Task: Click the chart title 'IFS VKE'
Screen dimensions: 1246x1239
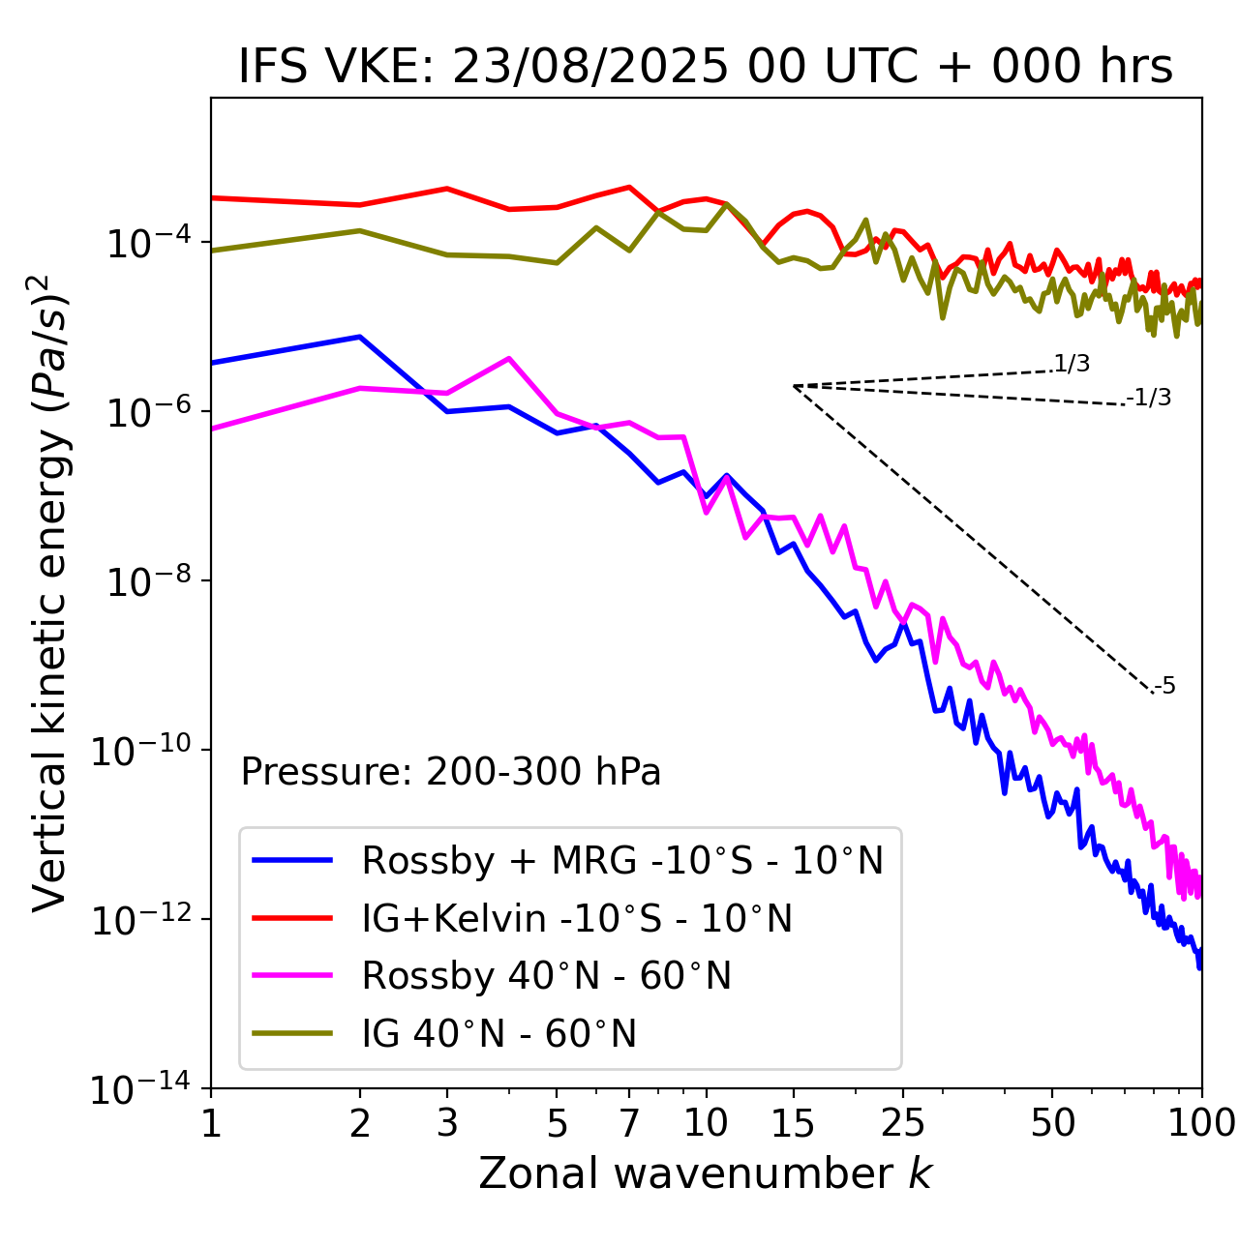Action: coord(706,67)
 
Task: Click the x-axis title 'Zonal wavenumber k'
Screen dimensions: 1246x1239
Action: coord(706,1172)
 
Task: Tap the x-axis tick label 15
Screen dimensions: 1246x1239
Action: coord(793,1122)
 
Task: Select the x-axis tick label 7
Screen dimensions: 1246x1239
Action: coord(629,1122)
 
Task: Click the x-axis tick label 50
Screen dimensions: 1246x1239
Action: coord(1052,1122)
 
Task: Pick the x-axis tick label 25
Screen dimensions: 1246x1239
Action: coord(903,1122)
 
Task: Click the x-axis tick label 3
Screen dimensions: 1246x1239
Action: coord(446,1122)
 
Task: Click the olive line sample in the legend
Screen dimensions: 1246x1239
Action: coord(292,1033)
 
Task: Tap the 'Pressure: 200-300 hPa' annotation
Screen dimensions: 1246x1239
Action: coord(451,772)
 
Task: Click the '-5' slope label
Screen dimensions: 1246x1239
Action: coord(1164,687)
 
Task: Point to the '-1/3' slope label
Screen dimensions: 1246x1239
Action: coord(1149,398)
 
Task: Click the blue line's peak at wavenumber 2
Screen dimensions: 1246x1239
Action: coord(360,337)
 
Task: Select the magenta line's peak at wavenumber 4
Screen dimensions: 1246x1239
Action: coord(509,358)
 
